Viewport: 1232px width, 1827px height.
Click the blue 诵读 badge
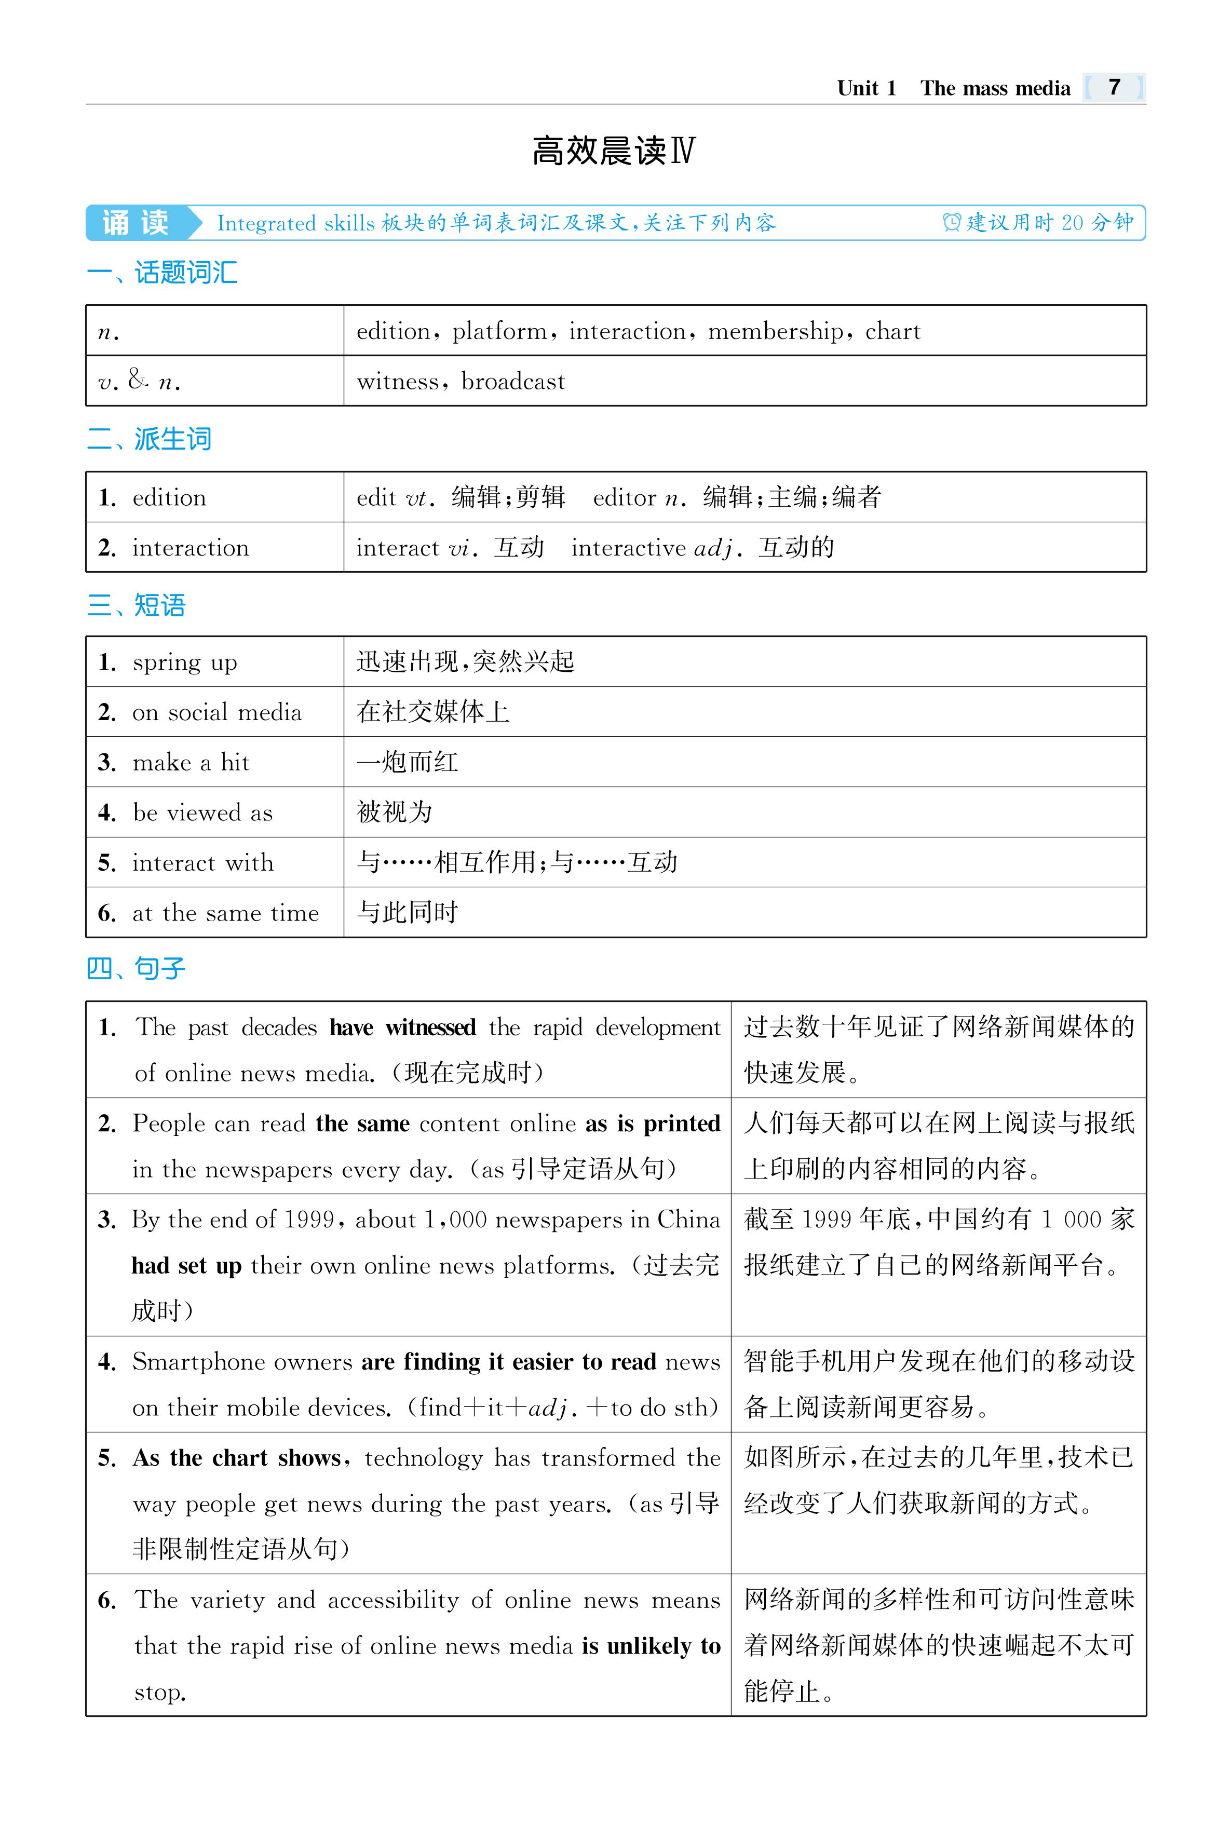[136, 223]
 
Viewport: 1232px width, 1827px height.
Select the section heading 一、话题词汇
[162, 273]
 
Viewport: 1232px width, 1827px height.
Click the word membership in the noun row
[775, 332]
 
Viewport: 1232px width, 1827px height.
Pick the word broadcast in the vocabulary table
[512, 382]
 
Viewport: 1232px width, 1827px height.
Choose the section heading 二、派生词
[150, 439]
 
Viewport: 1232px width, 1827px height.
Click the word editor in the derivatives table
[624, 497]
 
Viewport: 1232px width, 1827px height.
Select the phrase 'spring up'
[185, 662]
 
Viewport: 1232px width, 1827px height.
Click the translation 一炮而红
[407, 762]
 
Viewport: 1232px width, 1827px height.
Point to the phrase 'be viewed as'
[202, 813]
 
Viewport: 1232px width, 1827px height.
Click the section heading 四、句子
[136, 968]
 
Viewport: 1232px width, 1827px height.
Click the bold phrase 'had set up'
[186, 1266]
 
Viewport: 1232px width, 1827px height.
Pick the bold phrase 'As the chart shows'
[237, 1458]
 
